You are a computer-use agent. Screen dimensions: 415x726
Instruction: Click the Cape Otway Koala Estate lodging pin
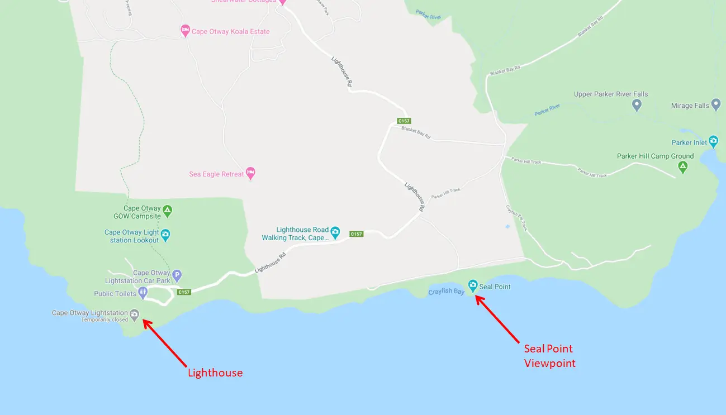click(185, 31)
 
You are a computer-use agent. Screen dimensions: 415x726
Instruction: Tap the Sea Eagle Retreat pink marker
click(250, 173)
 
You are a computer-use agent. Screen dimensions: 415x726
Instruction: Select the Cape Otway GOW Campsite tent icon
click(167, 211)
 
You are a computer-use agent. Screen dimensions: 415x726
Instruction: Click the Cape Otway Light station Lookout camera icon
click(165, 235)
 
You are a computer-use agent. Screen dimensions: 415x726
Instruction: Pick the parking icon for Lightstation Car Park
click(177, 275)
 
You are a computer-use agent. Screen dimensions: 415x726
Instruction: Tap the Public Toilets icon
click(144, 292)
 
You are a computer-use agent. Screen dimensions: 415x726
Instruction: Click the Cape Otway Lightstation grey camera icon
click(134, 315)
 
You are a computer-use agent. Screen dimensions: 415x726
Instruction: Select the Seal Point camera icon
click(473, 285)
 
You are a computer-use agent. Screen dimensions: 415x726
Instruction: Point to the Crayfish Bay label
click(446, 292)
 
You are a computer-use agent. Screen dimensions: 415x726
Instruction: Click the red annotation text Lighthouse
click(215, 373)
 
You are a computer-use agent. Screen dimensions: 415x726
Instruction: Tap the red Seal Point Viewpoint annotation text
click(549, 356)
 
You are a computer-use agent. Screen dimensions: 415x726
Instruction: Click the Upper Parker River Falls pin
click(636, 104)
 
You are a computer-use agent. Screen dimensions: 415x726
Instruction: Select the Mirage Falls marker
click(716, 105)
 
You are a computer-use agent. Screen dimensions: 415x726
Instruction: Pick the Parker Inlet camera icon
click(713, 141)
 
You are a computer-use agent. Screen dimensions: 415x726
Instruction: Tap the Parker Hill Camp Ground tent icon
click(682, 166)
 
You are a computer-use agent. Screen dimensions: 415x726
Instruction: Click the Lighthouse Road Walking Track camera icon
click(335, 231)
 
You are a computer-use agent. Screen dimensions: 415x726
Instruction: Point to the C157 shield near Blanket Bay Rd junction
click(404, 121)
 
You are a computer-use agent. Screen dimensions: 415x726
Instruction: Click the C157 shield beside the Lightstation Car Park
click(184, 292)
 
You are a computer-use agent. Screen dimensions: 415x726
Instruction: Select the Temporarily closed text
click(105, 320)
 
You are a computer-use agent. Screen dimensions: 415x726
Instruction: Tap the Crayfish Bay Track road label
click(516, 217)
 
